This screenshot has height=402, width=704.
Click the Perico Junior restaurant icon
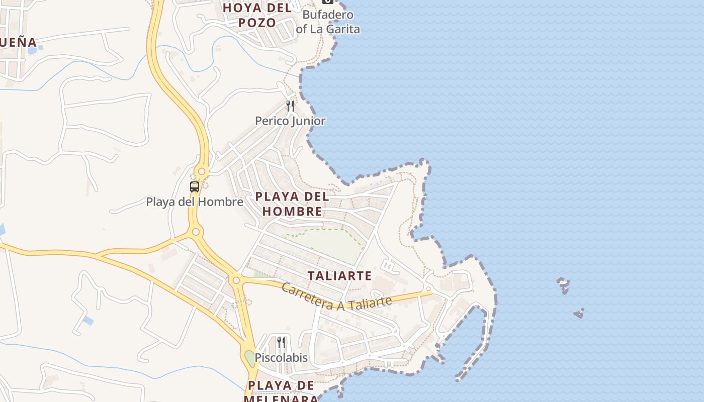coord(290,106)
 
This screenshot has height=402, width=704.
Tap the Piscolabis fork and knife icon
coord(281,343)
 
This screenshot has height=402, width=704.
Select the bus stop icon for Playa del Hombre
coord(195,187)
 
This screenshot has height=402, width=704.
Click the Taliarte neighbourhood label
coord(339,275)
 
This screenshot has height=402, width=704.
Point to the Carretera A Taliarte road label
coord(336,297)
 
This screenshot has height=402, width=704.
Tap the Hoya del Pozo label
coord(257,15)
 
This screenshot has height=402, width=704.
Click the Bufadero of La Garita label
coord(328,22)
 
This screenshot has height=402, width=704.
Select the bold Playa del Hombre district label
coord(292,204)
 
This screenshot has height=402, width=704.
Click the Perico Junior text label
coord(290,121)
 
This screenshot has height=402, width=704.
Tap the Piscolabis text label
coord(281,358)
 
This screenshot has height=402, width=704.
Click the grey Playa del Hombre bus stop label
coord(195,202)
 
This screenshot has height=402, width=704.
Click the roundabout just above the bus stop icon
coord(202,172)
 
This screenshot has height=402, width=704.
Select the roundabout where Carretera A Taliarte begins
coord(236,280)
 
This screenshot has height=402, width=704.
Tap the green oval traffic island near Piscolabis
coord(250,359)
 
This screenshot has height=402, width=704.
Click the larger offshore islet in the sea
coord(564,285)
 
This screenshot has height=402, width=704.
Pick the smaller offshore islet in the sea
coord(579,314)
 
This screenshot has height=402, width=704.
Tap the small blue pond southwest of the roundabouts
coord(88,320)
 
